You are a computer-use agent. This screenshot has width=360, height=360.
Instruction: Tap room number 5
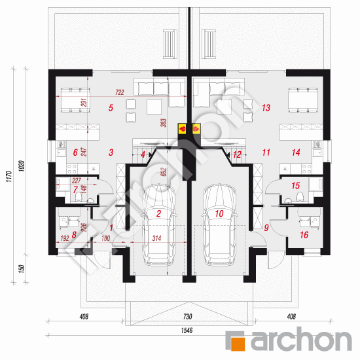pyautogui.click(x=111, y=108)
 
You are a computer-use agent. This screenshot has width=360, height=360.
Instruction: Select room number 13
pyautogui.click(x=266, y=107)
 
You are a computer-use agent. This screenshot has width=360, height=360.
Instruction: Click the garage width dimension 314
pyautogui.click(x=157, y=238)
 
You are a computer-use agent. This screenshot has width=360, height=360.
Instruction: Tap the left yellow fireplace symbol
pyautogui.click(x=183, y=129)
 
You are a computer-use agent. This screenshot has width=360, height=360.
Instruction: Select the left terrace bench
pyautogui.click(x=169, y=43)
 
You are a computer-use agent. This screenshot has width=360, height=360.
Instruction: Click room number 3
pyautogui.click(x=111, y=152)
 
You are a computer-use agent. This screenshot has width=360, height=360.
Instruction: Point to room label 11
pyautogui.click(x=266, y=152)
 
